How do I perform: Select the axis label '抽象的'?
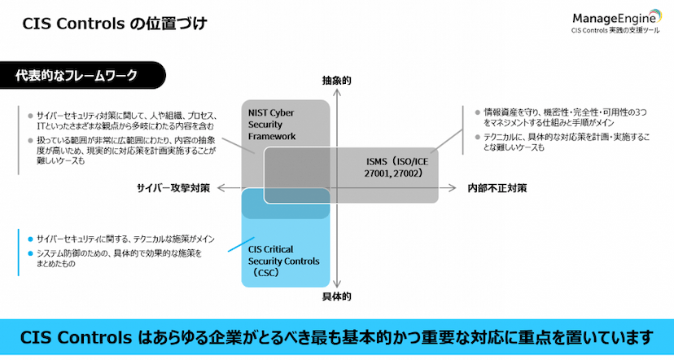336,81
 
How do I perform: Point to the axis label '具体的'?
336,297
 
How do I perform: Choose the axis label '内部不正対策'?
497,188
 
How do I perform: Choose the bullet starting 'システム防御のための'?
114,259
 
